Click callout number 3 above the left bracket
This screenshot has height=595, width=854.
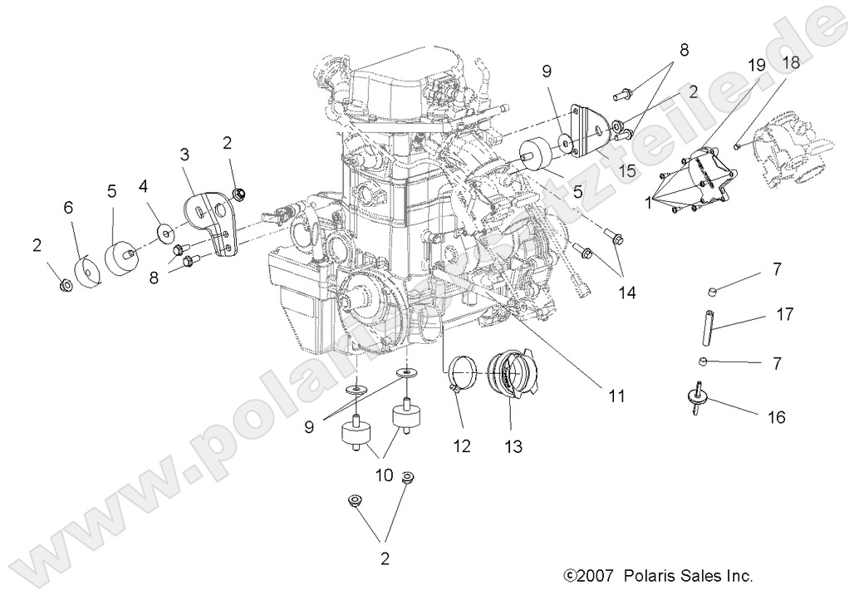coord(184,154)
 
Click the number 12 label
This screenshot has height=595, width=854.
coord(462,446)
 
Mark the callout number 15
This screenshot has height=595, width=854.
coord(628,170)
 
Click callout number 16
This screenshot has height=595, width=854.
coord(777,417)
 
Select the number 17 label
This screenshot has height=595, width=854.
coord(784,315)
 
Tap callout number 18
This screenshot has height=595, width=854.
coord(790,63)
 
